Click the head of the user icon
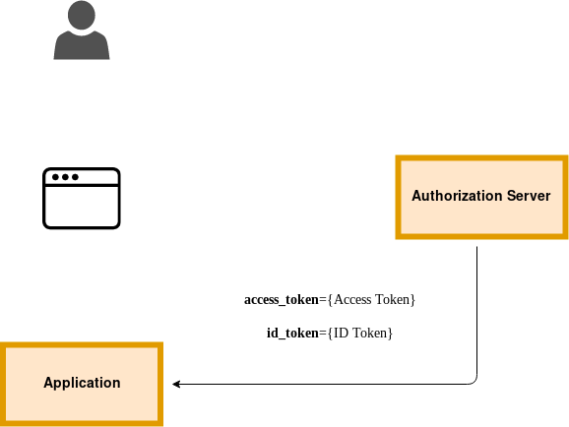tap(82, 15)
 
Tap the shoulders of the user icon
tap(82, 45)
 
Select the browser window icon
tap(82, 198)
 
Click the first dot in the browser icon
tap(55, 177)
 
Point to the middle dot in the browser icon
tap(65, 177)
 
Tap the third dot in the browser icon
tap(75, 177)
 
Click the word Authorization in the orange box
tap(457, 196)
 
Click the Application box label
tap(82, 383)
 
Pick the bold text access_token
tap(282, 300)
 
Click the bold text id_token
tap(292, 333)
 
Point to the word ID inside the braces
tap(342, 333)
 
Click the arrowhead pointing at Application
tap(176, 384)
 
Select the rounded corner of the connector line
tap(474, 381)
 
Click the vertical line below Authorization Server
tap(476, 311)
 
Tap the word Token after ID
tap(370, 333)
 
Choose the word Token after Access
tap(392, 300)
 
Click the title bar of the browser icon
tap(82, 177)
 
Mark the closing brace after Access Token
tap(412, 300)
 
